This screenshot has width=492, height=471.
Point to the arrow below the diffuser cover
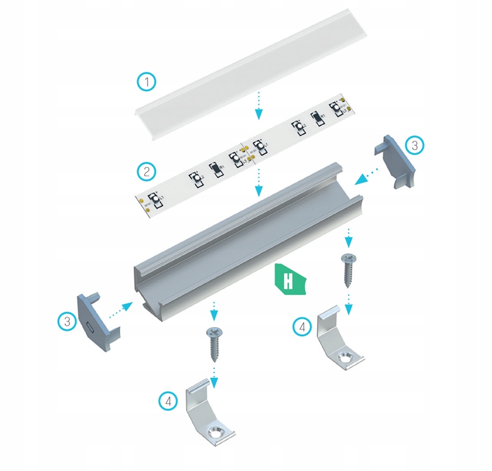(x=259, y=105)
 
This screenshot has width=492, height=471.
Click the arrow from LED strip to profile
(x=259, y=182)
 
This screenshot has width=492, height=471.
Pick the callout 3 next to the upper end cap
(x=414, y=145)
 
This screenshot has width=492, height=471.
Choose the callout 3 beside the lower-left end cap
(x=67, y=321)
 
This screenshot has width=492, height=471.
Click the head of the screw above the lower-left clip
(x=214, y=332)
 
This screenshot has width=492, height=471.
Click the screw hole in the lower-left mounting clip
(x=216, y=432)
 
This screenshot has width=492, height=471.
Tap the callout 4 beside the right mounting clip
(x=302, y=326)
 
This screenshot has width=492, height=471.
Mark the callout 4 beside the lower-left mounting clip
(x=168, y=401)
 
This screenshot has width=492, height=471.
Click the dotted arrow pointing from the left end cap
(x=120, y=308)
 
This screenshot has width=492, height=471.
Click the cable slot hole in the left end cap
(x=89, y=326)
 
